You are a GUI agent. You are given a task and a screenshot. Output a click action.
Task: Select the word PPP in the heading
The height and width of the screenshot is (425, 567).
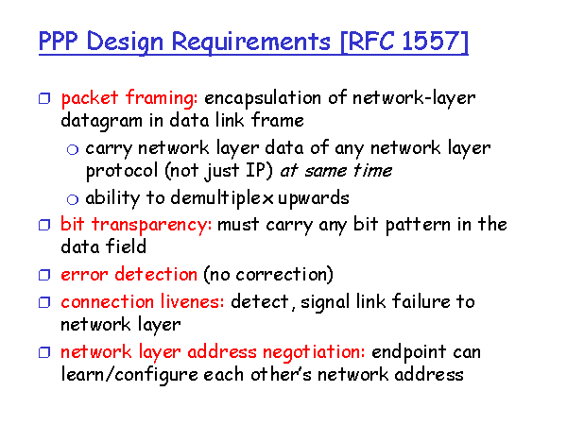click(x=58, y=41)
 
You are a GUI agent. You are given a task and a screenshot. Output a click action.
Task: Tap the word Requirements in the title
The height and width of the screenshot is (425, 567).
click(x=251, y=42)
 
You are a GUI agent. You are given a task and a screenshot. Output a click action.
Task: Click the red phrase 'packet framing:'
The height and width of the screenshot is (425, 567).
click(x=129, y=98)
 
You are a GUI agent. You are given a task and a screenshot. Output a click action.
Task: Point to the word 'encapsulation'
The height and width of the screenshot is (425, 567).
click(x=263, y=98)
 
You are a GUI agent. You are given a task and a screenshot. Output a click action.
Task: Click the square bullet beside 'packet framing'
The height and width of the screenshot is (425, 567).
click(x=44, y=98)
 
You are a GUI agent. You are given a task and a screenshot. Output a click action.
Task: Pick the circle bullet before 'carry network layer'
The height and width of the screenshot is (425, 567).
click(x=73, y=149)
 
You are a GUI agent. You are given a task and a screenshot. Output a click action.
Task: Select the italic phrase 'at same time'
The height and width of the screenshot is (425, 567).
click(x=336, y=170)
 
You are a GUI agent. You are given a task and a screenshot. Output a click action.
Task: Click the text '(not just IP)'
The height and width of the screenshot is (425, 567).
click(x=219, y=171)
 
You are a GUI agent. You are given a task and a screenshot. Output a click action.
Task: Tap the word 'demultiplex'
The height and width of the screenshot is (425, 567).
click(x=222, y=198)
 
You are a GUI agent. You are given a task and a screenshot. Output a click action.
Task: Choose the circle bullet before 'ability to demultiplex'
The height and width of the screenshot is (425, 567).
click(x=73, y=199)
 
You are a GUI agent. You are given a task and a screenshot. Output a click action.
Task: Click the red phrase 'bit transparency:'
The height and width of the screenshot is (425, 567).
click(x=136, y=225)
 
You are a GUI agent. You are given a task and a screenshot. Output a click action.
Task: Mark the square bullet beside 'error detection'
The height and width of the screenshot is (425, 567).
click(x=44, y=275)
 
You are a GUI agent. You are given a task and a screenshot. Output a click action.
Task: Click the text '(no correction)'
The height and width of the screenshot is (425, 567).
click(x=268, y=275)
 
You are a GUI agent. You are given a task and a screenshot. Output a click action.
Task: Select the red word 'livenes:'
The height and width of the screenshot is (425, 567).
click(x=193, y=301)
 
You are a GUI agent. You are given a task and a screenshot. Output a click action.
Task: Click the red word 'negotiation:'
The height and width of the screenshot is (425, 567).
click(x=314, y=352)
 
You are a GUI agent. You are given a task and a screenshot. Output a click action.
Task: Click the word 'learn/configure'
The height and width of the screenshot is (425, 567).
click(x=129, y=375)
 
